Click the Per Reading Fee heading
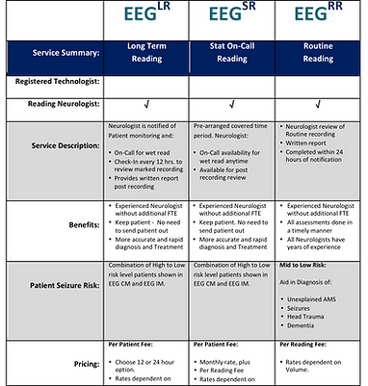coord(302,344)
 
